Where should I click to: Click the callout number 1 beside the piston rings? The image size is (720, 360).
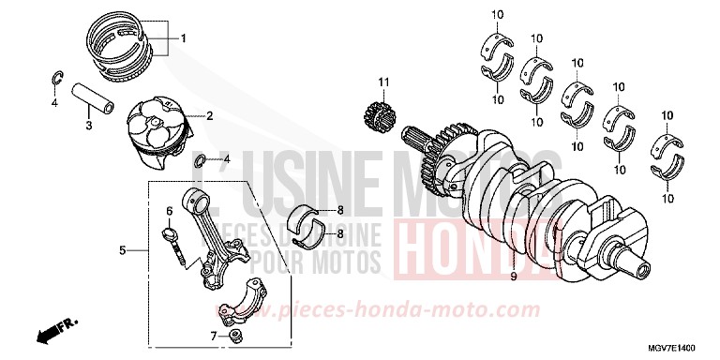(184, 38)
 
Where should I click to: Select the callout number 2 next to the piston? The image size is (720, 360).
(209, 116)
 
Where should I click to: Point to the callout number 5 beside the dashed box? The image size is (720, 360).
(122, 250)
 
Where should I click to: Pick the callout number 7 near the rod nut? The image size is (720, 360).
(213, 336)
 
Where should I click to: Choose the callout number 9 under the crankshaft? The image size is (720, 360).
(513, 277)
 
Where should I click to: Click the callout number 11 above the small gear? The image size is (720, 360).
(382, 83)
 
